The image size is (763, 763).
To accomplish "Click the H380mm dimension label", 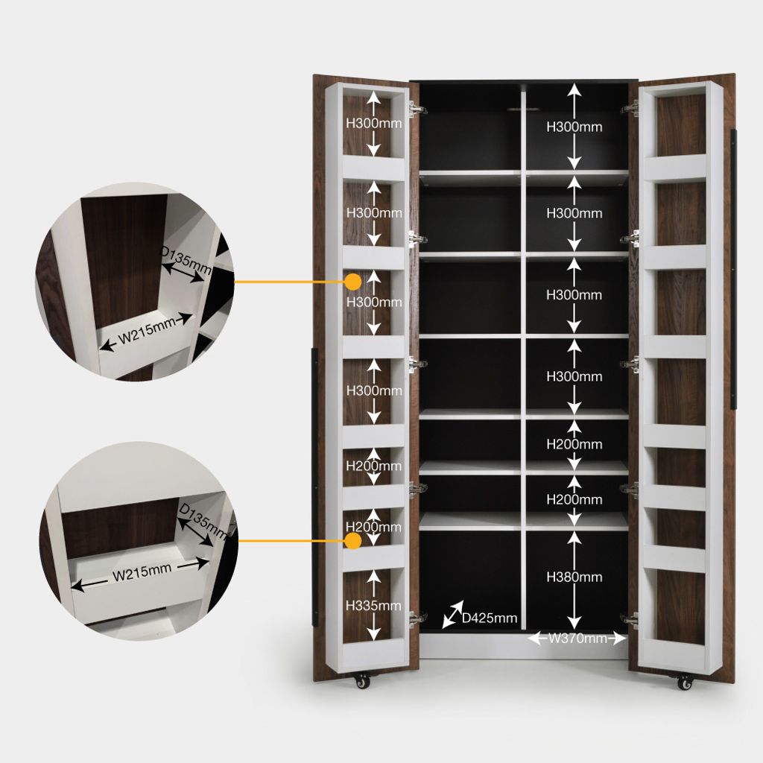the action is (x=574, y=577).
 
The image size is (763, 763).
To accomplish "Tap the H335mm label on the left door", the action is (x=373, y=605).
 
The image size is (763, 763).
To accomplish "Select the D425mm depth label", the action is (x=489, y=618).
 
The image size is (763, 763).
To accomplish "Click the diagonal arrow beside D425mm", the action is (x=452, y=615).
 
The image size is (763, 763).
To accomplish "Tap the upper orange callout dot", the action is (x=352, y=281).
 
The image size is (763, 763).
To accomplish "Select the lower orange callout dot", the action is (x=352, y=541).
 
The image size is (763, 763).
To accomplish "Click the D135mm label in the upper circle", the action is (x=186, y=260).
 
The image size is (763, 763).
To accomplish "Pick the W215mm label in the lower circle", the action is (x=142, y=572).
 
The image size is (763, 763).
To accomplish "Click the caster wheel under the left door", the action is (x=361, y=681).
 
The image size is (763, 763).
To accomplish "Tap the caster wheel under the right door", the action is (x=685, y=683).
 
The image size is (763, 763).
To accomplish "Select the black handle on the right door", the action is (x=734, y=268).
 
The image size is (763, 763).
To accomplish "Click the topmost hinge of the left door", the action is (x=416, y=109).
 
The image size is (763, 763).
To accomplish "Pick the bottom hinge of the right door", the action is (x=630, y=619).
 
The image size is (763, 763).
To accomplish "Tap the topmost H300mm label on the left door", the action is (x=374, y=124).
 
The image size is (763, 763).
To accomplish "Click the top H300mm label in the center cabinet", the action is (x=574, y=127).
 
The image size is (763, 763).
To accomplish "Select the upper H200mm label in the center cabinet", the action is (x=574, y=444).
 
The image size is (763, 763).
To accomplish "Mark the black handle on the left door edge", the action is (x=314, y=487).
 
